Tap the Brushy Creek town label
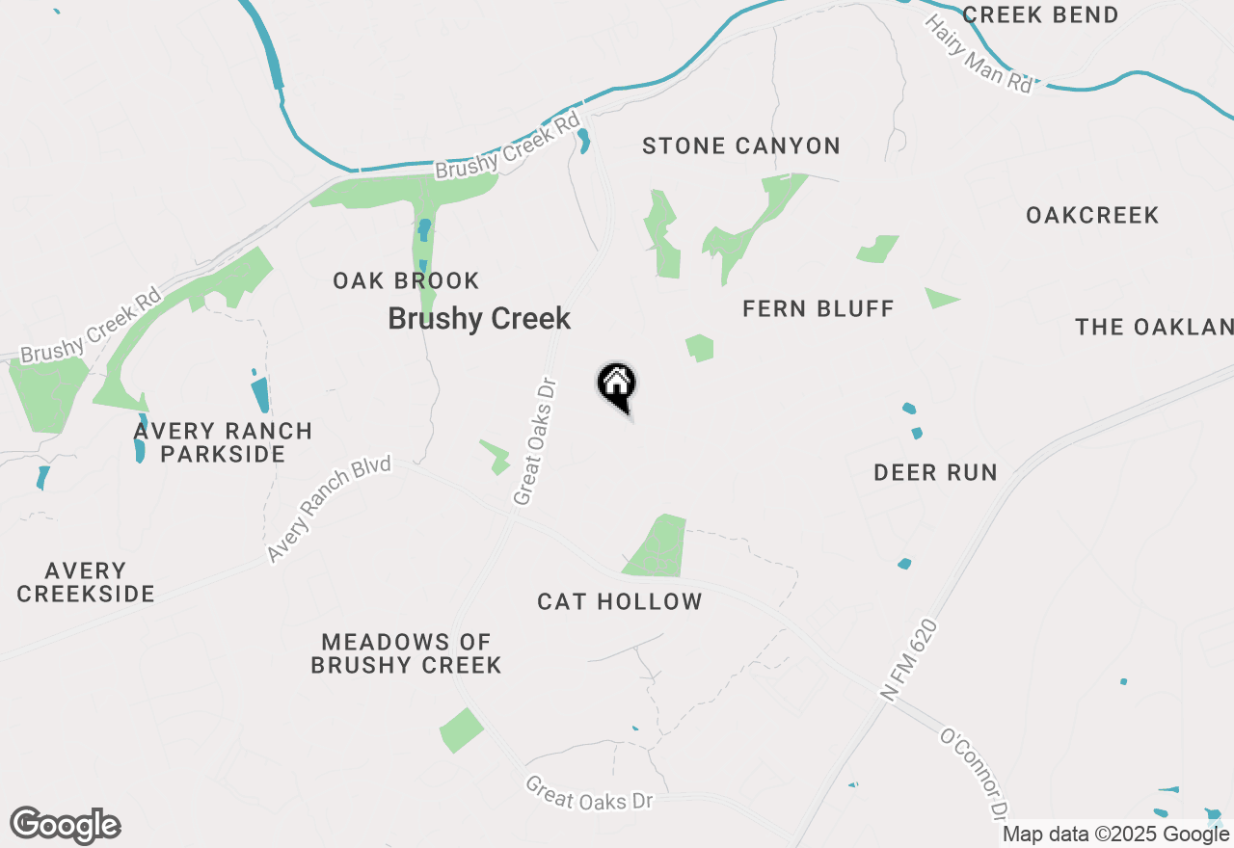[479, 319]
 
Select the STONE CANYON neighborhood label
[740, 146]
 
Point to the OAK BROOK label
[406, 281]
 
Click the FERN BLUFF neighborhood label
[818, 309]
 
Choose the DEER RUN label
[935, 472]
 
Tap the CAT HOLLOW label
[620, 602]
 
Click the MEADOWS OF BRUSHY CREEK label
[406, 653]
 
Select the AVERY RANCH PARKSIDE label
[223, 442]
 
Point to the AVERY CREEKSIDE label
[86, 583]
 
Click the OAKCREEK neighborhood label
[1092, 215]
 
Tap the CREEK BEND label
[1040, 15]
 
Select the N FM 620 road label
[908, 661]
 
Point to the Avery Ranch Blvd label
[329, 509]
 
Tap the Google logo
[65, 825]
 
